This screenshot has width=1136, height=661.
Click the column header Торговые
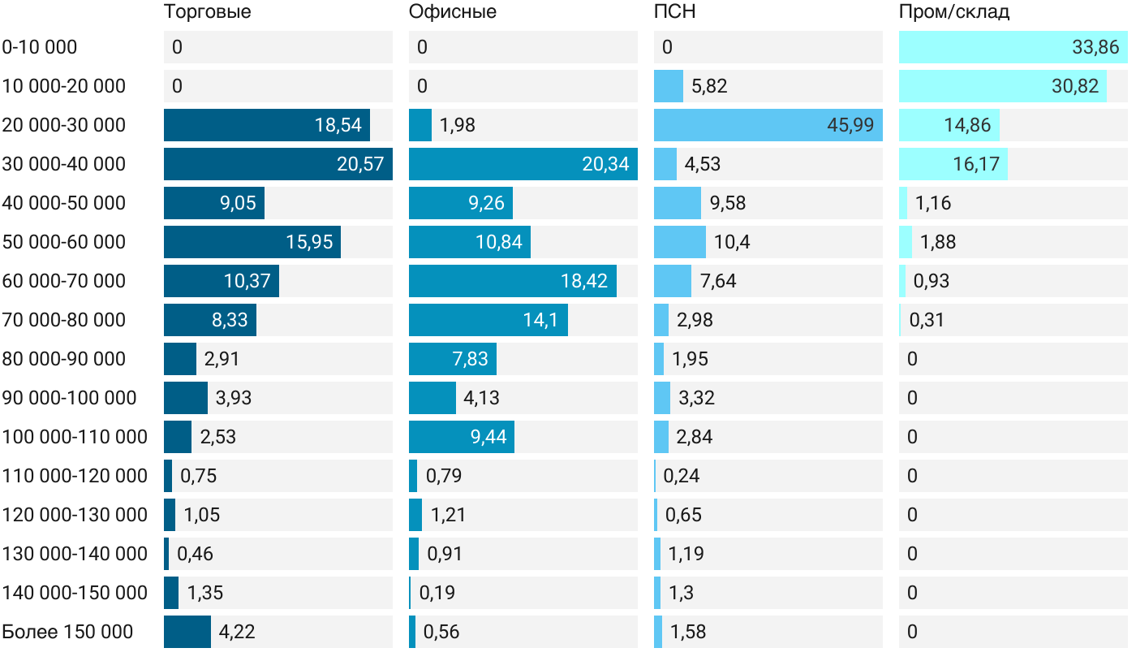point(207,12)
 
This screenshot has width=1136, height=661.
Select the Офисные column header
point(452,12)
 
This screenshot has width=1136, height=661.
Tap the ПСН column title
point(674,12)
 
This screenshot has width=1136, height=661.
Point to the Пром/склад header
point(953,12)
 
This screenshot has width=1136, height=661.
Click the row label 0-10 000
point(40,47)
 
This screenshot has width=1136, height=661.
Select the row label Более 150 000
point(67,632)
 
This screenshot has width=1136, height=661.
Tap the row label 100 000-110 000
point(75,437)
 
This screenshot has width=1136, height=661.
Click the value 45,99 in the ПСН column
point(850,125)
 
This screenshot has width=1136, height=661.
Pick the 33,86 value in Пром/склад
point(1095,47)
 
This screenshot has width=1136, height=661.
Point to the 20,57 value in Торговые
point(360,164)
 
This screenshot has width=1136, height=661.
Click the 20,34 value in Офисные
point(605,164)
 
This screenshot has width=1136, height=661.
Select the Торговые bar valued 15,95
point(252,242)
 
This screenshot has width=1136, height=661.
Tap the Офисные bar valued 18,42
point(512,281)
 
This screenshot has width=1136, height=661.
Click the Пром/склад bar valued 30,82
point(1002,86)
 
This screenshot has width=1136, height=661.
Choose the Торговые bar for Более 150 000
point(187,632)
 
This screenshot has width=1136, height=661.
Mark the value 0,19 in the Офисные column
point(437,593)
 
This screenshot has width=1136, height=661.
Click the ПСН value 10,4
point(732,242)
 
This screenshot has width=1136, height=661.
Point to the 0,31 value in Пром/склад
point(927,320)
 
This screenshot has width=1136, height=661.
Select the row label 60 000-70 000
point(64,281)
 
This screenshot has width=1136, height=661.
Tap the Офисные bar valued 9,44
point(461,437)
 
